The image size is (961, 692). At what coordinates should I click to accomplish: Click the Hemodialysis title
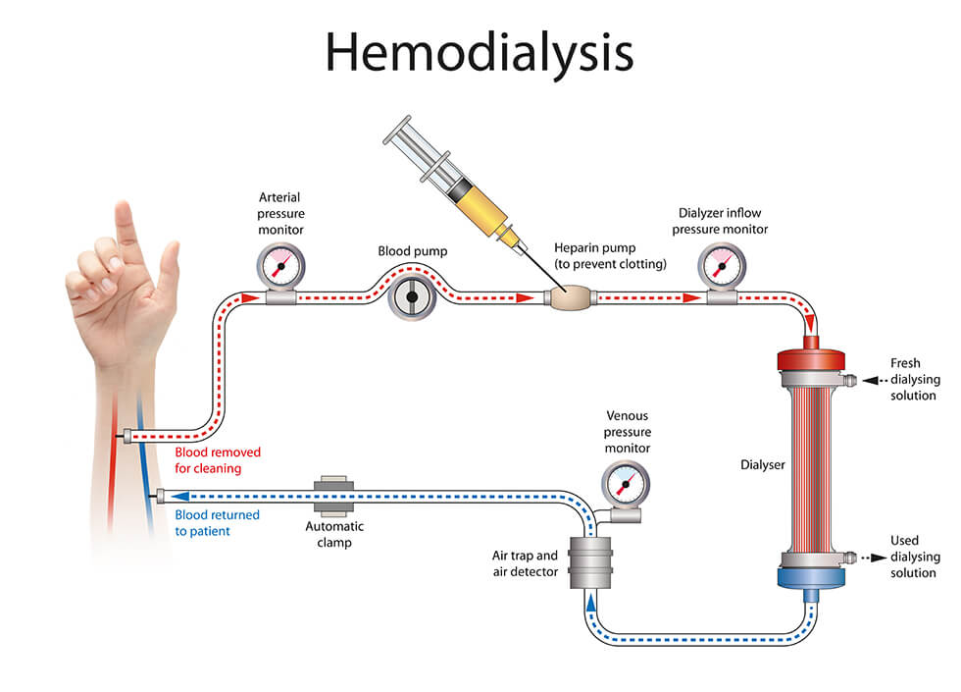click(x=480, y=51)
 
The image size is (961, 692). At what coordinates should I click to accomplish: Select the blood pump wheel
click(x=412, y=295)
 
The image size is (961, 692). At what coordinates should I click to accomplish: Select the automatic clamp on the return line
click(x=334, y=497)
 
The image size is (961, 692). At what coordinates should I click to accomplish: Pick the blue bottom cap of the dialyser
click(x=805, y=574)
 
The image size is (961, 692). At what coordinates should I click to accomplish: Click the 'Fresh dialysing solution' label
click(x=913, y=379)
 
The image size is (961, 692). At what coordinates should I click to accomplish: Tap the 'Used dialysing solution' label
click(x=912, y=557)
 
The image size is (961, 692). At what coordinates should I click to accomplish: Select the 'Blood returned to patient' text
click(x=217, y=522)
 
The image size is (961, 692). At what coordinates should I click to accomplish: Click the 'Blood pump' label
click(x=413, y=251)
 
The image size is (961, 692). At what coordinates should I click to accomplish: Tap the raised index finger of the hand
click(x=124, y=228)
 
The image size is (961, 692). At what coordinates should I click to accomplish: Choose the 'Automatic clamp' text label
click(x=334, y=533)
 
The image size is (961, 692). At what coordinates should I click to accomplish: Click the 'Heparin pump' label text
click(x=610, y=255)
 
